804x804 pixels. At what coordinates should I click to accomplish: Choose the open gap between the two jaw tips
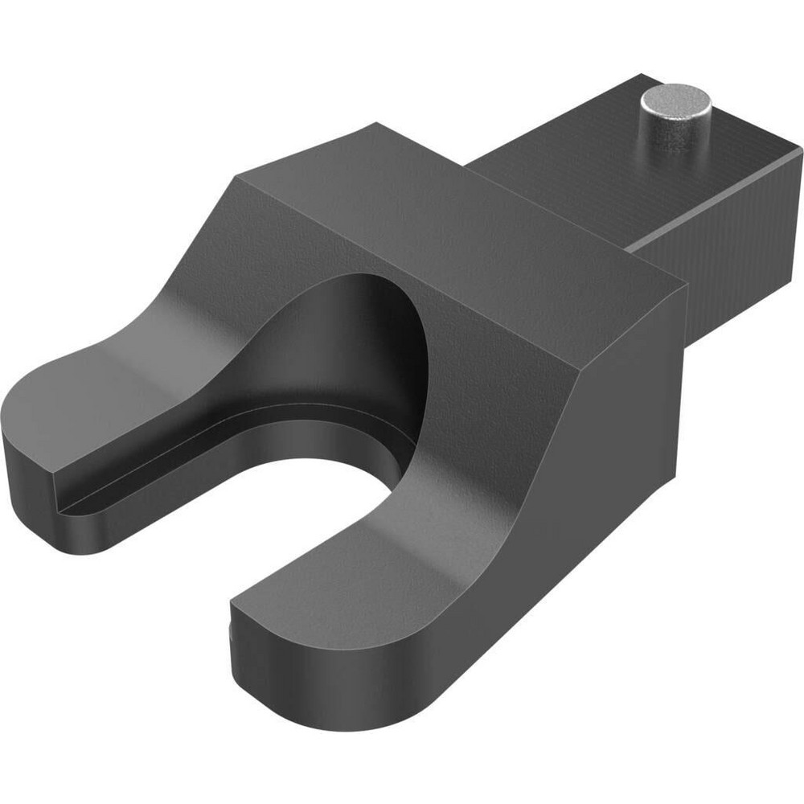(201, 563)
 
